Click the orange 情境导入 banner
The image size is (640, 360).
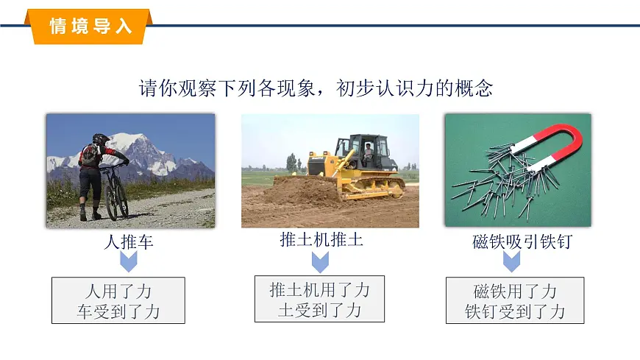click(89, 26)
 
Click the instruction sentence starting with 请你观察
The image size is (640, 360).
click(316, 89)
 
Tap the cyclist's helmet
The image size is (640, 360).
click(101, 138)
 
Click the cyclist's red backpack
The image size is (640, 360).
click(90, 155)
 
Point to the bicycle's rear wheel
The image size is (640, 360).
click(111, 198)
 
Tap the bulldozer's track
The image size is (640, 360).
click(371, 188)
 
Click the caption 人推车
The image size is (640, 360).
click(128, 241)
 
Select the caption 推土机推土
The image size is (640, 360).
click(321, 239)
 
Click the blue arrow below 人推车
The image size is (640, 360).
click(129, 261)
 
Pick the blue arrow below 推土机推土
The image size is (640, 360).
click(320, 261)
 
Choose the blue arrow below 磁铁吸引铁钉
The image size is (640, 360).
click(512, 261)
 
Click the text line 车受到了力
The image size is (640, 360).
click(118, 311)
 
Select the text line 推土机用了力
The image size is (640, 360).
click(319, 289)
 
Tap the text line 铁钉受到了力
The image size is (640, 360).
click(515, 311)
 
